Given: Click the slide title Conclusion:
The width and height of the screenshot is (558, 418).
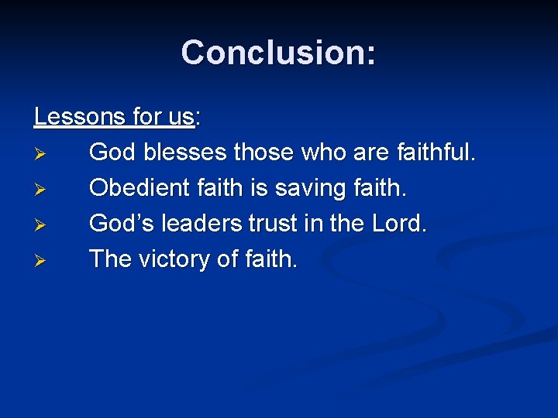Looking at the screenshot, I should [279, 53].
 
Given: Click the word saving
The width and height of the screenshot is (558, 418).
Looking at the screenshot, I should [311, 188].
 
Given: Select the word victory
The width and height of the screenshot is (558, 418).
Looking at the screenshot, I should [174, 259].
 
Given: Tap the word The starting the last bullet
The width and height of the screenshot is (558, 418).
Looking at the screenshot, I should [110, 259].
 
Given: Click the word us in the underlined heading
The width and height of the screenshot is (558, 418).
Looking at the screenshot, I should [180, 117].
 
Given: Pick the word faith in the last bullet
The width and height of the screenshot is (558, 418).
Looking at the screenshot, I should [270, 259].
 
